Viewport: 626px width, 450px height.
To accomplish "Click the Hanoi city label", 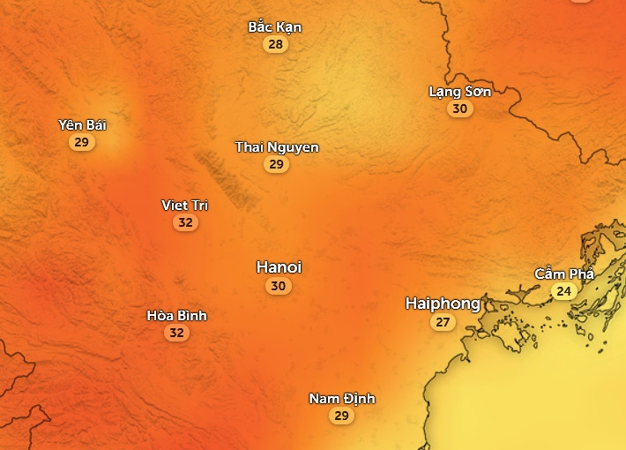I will point(279,266).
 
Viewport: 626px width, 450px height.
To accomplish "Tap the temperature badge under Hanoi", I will point(279,286).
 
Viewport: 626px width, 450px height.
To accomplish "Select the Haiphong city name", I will point(443,304).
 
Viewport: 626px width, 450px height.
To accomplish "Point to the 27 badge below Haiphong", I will point(443,322).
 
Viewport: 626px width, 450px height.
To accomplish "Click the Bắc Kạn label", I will point(275,26).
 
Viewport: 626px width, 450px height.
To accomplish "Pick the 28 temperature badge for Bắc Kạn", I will point(276,44).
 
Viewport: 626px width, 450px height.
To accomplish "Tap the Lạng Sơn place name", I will point(459,91).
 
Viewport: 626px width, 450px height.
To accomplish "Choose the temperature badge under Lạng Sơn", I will point(459,109).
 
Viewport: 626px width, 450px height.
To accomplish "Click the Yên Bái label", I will point(82,124).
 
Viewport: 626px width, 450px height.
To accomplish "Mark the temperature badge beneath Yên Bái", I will point(82,142).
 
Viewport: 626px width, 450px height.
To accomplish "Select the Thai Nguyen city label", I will point(277,146).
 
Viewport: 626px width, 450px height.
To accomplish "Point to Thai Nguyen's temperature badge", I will point(277,164).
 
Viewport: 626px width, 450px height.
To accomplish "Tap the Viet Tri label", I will point(185,205).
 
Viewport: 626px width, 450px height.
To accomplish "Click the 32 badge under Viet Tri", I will point(185,222).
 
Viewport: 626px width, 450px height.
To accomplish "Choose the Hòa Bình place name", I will point(177,315).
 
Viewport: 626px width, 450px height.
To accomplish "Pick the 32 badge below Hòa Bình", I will point(177,333).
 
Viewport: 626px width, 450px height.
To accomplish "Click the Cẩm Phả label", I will point(564,274).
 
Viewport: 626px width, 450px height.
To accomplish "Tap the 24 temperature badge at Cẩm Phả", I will point(563,291).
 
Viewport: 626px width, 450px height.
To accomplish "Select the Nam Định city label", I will point(342,398).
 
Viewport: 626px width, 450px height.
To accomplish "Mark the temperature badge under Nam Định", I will point(342,416).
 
